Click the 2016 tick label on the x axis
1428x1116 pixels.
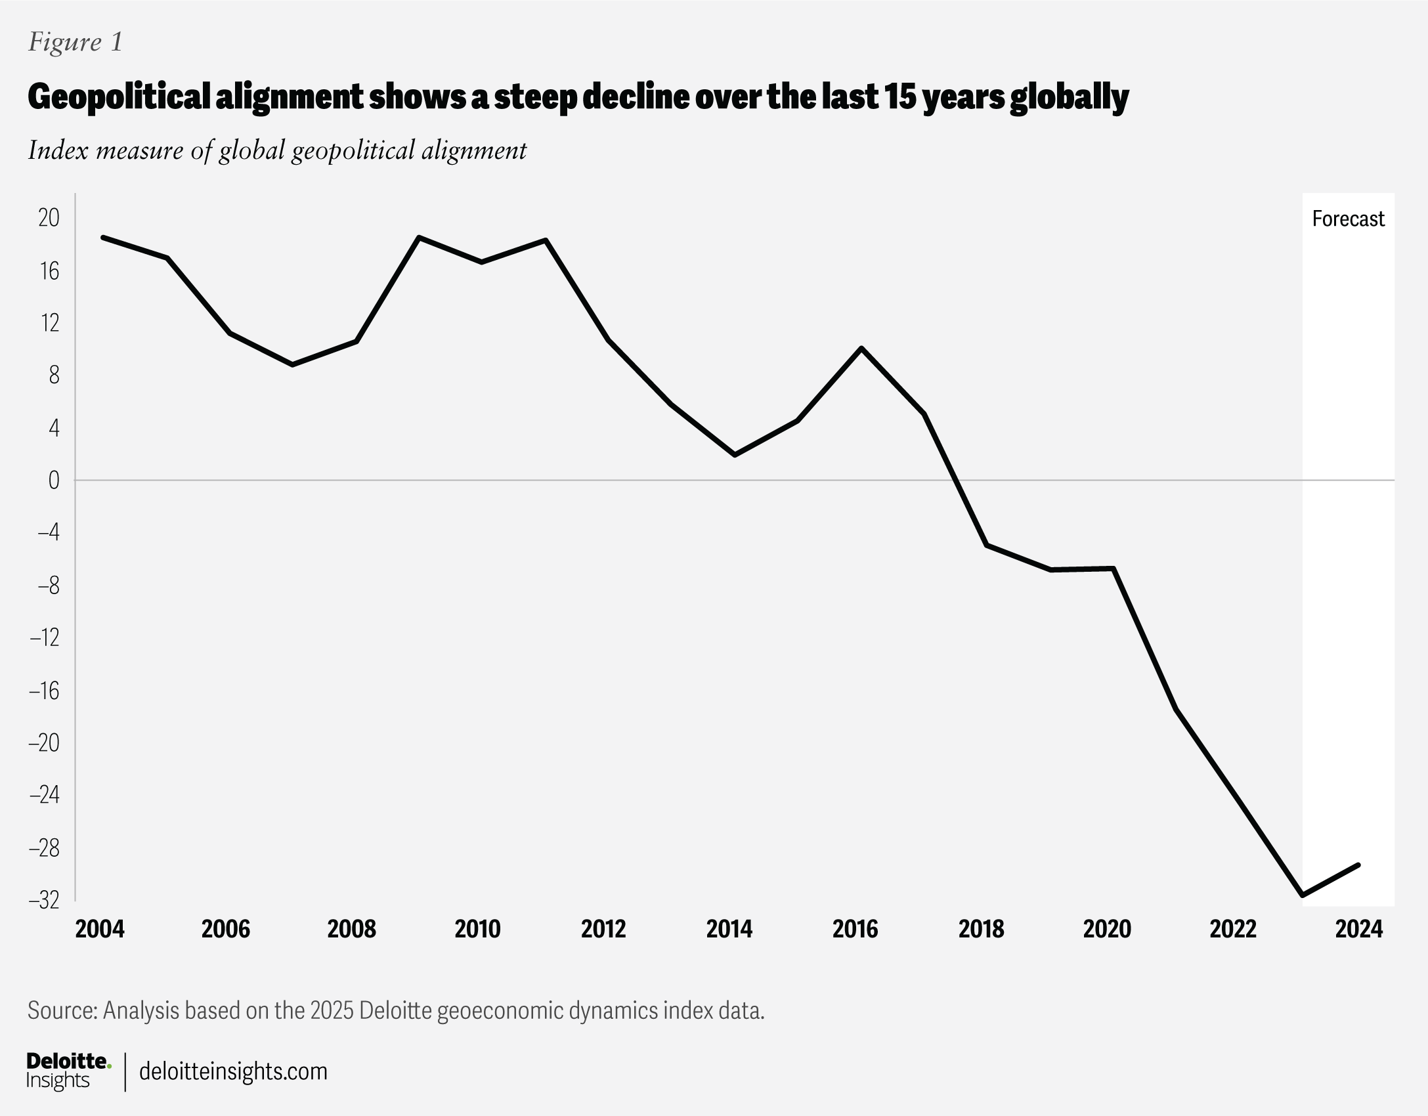[855, 929]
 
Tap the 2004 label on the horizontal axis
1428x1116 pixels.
[100, 929]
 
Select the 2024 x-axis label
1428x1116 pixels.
[1359, 929]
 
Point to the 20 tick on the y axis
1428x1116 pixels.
[49, 218]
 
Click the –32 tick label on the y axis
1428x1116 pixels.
[44, 900]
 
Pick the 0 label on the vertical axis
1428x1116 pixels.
[54, 481]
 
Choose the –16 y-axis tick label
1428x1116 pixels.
[44, 691]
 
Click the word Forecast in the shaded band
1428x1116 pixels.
[1348, 219]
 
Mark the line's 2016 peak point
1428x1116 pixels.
[861, 348]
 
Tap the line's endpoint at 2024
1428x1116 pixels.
[1358, 865]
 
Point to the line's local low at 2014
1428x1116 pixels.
[735, 455]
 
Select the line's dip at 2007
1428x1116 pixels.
[292, 364]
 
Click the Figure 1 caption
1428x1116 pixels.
[76, 43]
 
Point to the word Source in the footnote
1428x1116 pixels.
[62, 1010]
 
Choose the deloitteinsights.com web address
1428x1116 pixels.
[233, 1071]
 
